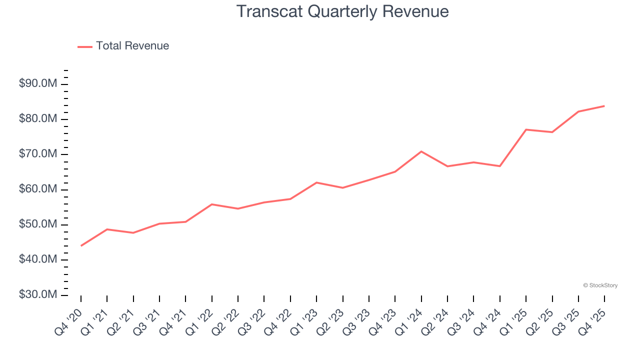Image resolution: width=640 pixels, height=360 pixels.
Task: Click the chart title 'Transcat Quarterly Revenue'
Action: click(342, 11)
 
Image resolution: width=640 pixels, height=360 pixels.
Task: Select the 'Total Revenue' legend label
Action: click(132, 46)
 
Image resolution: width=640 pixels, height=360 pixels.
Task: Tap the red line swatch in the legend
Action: click(85, 46)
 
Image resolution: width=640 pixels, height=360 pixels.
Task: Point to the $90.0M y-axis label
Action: click(38, 84)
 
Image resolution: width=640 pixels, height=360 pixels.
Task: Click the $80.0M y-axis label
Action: click(38, 119)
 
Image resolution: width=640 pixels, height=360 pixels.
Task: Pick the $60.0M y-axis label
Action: click(38, 189)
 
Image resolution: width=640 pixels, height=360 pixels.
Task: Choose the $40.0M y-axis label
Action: click(38, 260)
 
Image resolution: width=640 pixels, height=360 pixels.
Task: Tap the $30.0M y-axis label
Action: click(38, 295)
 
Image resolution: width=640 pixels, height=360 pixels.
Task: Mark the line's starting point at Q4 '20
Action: click(81, 245)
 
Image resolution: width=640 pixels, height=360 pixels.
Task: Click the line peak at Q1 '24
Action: click(421, 151)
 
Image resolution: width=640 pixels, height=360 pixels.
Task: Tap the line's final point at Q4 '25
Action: click(604, 106)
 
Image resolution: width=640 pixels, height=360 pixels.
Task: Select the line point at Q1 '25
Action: click(526, 129)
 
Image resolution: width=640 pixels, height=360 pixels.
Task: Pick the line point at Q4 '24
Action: click(500, 166)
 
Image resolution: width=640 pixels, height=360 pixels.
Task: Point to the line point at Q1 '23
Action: click(316, 182)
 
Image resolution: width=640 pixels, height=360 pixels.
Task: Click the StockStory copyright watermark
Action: click(600, 285)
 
